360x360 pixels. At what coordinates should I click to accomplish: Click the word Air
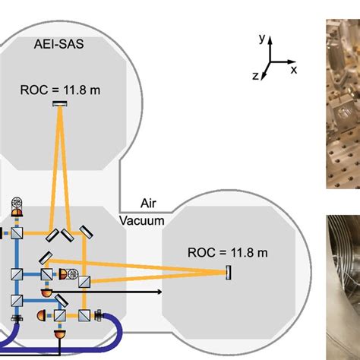tap(148, 204)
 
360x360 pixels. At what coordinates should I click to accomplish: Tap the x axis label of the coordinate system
tap(293, 70)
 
